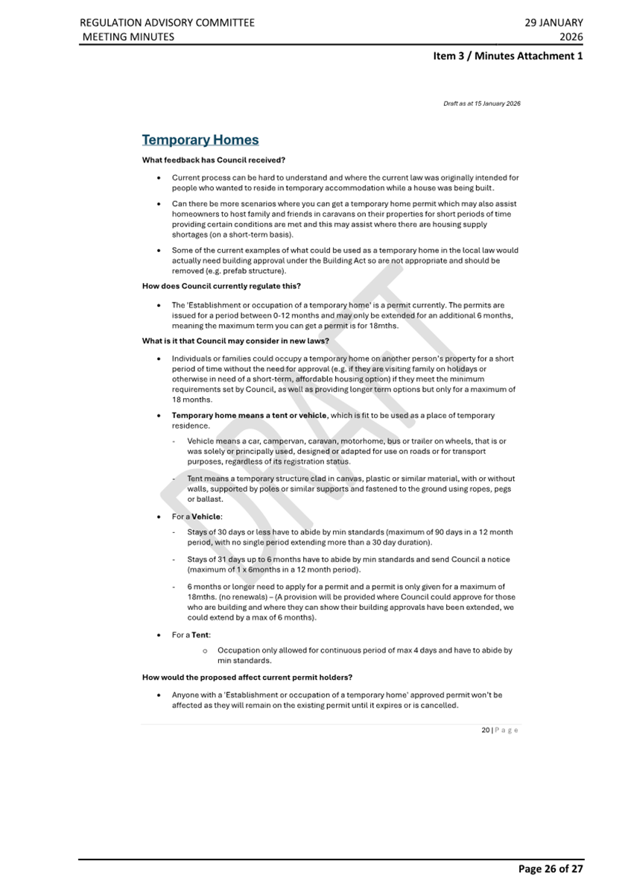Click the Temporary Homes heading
(x=200, y=140)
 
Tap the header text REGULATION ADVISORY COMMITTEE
(x=167, y=22)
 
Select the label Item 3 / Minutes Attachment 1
(x=508, y=56)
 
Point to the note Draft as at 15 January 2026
(x=481, y=104)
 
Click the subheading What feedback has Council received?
(x=214, y=160)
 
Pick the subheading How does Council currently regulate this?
(x=221, y=285)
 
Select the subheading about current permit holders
(x=247, y=677)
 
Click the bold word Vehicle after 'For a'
(x=206, y=516)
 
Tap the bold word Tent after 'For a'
(x=200, y=635)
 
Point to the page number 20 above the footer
(x=485, y=730)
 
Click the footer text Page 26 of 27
(x=551, y=868)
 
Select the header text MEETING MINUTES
(x=127, y=37)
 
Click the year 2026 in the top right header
(x=571, y=37)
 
